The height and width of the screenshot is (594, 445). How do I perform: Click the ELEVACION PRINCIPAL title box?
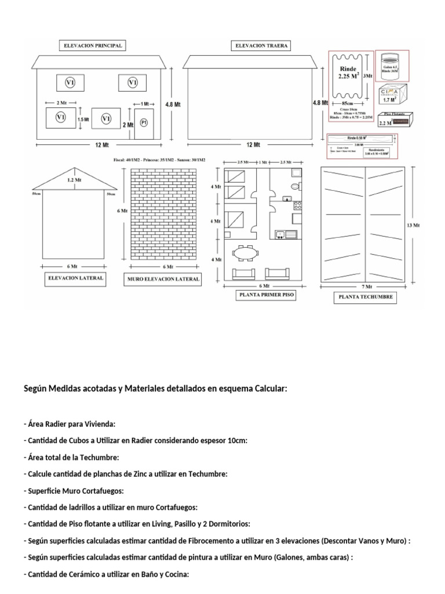tap(93, 45)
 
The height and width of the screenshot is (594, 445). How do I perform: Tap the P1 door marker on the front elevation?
tap(144, 123)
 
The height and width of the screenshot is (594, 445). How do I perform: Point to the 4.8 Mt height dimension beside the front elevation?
tap(172, 104)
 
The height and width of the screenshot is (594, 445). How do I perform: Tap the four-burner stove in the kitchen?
tap(298, 205)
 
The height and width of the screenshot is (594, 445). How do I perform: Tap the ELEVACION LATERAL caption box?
tap(75, 278)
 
